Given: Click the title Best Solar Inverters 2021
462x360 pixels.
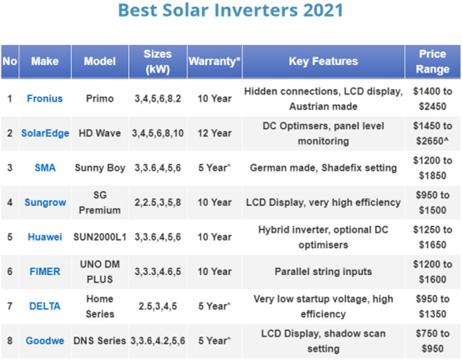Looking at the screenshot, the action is coord(231,10).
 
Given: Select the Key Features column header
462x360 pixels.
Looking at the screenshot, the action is coord(323,61).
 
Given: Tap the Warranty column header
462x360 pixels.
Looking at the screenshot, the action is coord(214,61).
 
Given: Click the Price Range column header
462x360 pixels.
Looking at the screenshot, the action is coord(432,61).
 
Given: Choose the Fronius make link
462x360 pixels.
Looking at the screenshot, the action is coord(45,98).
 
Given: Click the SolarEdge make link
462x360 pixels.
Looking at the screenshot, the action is coord(45,133).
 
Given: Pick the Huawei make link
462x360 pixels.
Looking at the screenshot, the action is coord(45,237).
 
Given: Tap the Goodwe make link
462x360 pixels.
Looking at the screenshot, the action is coord(45,341).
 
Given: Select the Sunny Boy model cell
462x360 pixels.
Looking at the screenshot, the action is coord(100,168).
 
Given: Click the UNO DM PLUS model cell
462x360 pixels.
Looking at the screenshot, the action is coord(100,271).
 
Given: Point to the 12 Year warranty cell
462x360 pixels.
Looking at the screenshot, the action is coord(214,133).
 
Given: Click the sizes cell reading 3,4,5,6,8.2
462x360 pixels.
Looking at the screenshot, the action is coord(158,98).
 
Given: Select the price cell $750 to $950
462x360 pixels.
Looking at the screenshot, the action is coord(432,341).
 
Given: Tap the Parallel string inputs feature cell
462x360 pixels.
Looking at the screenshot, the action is coord(323,271).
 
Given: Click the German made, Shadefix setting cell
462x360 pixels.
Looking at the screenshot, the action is coord(323,168).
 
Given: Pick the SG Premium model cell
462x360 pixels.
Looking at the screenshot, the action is coord(100,202).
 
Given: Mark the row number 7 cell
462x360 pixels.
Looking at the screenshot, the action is coord(10,306).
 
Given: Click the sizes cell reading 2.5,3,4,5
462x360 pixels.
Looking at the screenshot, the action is coord(158,306).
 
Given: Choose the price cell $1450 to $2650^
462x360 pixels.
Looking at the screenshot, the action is coord(432,133).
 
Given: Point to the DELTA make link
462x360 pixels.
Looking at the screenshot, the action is coord(45,306).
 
